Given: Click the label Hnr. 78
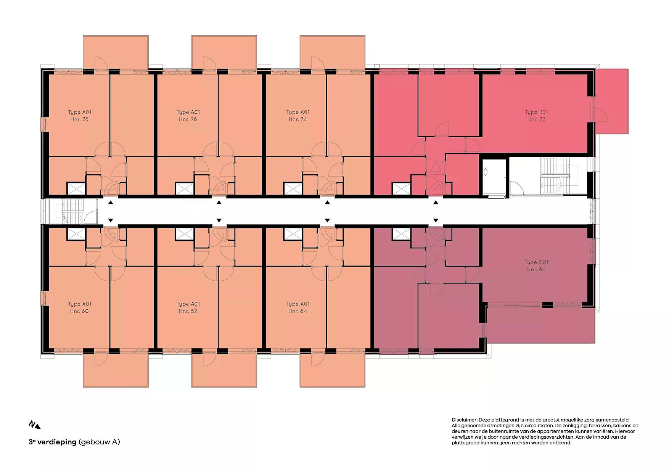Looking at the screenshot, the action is pyautogui.click(x=79, y=119).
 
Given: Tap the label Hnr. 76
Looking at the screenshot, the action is pyautogui.click(x=188, y=119).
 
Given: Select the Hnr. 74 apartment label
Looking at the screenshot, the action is pyautogui.click(x=298, y=119).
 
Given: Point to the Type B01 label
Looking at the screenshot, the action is pyautogui.click(x=536, y=112).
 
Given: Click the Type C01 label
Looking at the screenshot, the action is pyautogui.click(x=536, y=262).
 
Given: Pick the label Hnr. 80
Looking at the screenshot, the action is pyautogui.click(x=79, y=311).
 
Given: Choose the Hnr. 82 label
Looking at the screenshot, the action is pyautogui.click(x=188, y=311).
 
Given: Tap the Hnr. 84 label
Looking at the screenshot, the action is pyautogui.click(x=298, y=311).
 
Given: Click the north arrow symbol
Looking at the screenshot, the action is pyautogui.click(x=35, y=425).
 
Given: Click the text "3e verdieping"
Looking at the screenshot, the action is pyautogui.click(x=53, y=442).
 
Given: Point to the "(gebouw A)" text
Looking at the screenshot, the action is pyautogui.click(x=99, y=442).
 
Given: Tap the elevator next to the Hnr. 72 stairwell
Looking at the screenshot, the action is pyautogui.click(x=494, y=177).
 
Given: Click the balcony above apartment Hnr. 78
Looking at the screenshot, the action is pyautogui.click(x=116, y=53).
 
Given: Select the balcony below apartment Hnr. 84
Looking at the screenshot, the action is pyautogui.click(x=333, y=370).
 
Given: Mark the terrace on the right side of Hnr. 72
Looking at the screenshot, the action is pyautogui.click(x=611, y=101).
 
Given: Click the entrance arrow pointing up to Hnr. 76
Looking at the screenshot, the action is pyautogui.click(x=219, y=203).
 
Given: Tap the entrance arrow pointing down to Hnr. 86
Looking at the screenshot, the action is pyautogui.click(x=436, y=220).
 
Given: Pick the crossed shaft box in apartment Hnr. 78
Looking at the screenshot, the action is pyautogui.click(x=76, y=188).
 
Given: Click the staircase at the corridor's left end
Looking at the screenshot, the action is pyautogui.click(x=72, y=211).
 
